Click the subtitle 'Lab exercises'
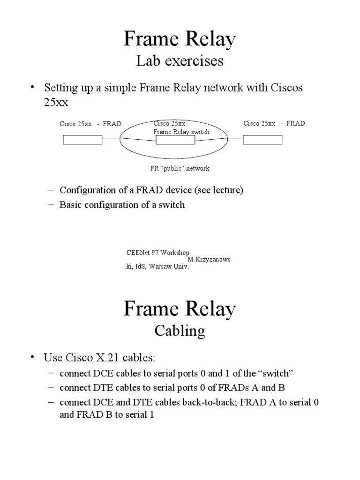coord(180,61)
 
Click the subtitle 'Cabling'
coord(180,331)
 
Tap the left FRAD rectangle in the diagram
coord(82,139)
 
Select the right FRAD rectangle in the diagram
coord(262,139)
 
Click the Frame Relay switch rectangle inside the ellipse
coord(175,139)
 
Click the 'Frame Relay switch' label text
coord(181,132)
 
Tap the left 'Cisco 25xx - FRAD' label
coord(90,124)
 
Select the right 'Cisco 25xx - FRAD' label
coord(274,123)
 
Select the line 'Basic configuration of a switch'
coord(122,205)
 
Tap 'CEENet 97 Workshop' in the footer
coord(158,253)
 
